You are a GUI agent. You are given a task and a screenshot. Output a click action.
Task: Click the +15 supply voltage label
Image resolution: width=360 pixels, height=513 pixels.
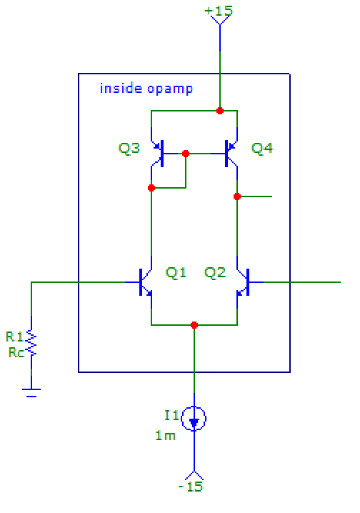coord(219,11)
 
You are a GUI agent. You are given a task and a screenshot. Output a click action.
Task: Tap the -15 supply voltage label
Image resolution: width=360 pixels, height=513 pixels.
coord(191,487)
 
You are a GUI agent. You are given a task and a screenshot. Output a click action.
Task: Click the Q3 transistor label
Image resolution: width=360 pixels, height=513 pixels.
coord(129,149)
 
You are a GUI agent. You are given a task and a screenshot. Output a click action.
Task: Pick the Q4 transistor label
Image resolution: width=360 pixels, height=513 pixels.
coord(262,149)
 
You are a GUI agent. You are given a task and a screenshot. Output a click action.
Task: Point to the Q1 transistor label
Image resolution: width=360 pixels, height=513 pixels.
coord(176,272)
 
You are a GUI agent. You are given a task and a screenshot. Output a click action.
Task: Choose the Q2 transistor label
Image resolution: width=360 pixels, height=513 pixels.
coord(215,272)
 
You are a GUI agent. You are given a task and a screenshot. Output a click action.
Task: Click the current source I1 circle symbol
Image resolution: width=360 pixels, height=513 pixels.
coord(194,419)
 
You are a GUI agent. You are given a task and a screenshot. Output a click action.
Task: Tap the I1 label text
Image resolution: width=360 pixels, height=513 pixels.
coord(171,415)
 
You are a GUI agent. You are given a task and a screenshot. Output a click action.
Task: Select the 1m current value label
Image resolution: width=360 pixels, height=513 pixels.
coord(166,436)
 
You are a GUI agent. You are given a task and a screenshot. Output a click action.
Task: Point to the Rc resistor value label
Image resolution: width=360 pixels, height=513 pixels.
coord(14,352)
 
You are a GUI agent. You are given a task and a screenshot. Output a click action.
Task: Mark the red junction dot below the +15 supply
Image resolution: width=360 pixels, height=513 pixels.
coord(220,111)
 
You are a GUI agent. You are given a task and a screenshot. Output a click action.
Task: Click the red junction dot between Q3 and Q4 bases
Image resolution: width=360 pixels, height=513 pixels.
coord(186,153)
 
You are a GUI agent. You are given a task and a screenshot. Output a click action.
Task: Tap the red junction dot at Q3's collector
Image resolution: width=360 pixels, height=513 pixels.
coord(151,188)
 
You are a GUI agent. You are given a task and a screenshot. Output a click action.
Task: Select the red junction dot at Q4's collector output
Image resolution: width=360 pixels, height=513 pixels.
coord(237,196)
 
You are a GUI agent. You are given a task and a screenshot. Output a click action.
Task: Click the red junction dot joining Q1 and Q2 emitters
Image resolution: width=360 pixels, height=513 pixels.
coord(194,324)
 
